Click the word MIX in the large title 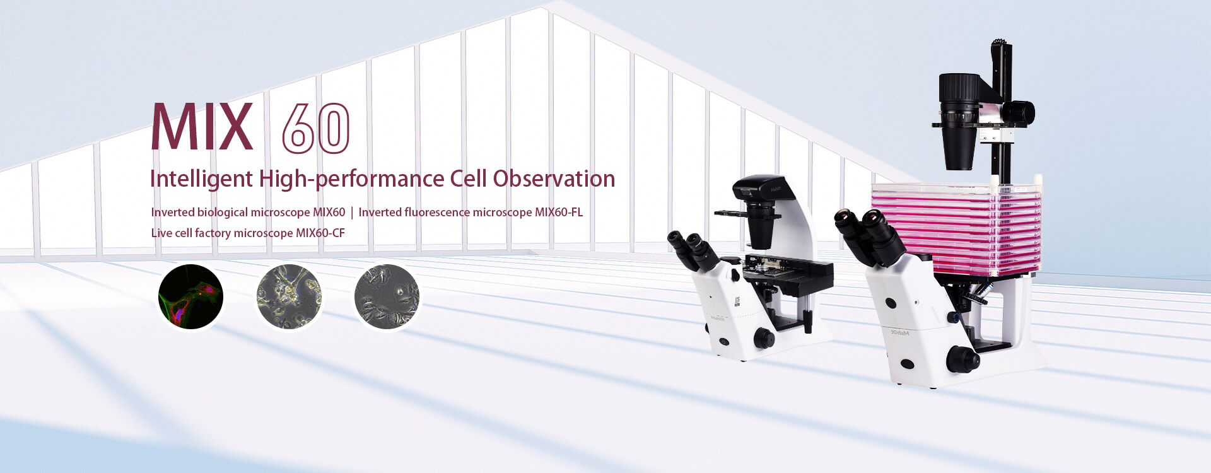click(202, 127)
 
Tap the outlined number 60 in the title click(315, 129)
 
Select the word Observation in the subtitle click(554, 178)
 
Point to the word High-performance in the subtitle click(351, 180)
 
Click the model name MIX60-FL click(559, 212)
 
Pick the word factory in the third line click(213, 233)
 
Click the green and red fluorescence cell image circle click(190, 296)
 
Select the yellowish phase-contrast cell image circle click(289, 296)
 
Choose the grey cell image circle click(387, 296)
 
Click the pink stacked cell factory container click(956, 228)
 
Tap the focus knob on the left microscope click(764, 339)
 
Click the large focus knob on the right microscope click(962, 359)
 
